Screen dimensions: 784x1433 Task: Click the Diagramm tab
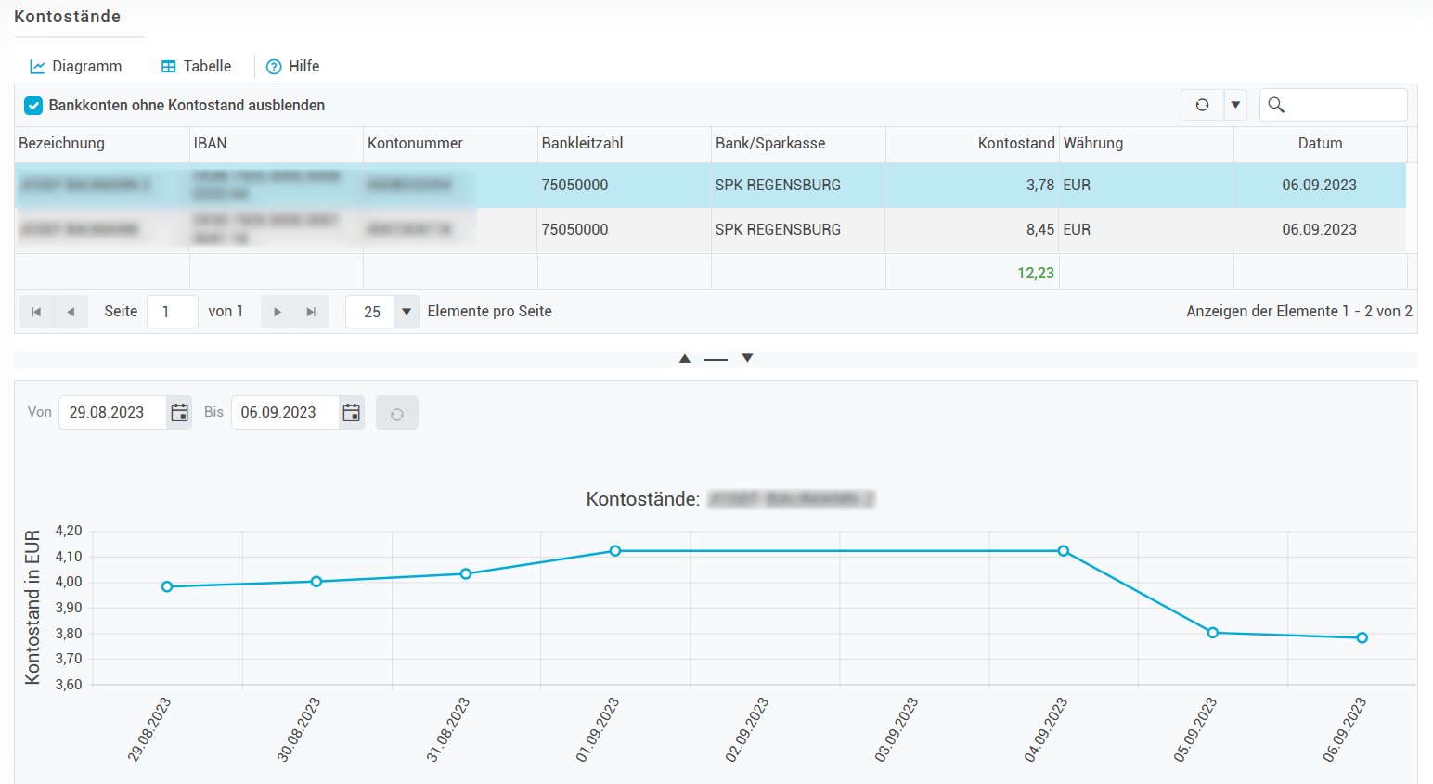pos(76,67)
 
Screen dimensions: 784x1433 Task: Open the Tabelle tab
pos(196,67)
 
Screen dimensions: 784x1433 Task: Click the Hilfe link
pos(293,67)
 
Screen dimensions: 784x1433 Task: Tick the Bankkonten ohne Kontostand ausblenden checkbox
pos(33,106)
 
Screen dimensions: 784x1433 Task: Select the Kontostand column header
pos(1015,144)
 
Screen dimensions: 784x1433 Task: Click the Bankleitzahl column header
pos(582,144)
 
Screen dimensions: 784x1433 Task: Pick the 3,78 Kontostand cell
pos(1039,186)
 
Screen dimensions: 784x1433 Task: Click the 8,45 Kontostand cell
pos(1039,230)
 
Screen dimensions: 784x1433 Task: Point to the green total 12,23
pos(1035,274)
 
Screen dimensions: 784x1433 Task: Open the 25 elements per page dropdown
pos(406,312)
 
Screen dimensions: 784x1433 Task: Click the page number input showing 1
pos(172,312)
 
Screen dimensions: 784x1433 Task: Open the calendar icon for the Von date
pos(180,413)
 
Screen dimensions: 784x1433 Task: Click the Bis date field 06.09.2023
pos(283,413)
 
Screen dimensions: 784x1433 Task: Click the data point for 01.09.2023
pos(615,551)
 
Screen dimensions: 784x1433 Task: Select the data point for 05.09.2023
pos(1212,633)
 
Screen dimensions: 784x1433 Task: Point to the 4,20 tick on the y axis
pos(69,532)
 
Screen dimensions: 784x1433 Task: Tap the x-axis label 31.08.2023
pos(448,729)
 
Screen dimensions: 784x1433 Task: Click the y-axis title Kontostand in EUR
pos(32,608)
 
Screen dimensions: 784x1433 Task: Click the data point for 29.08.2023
pos(167,586)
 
